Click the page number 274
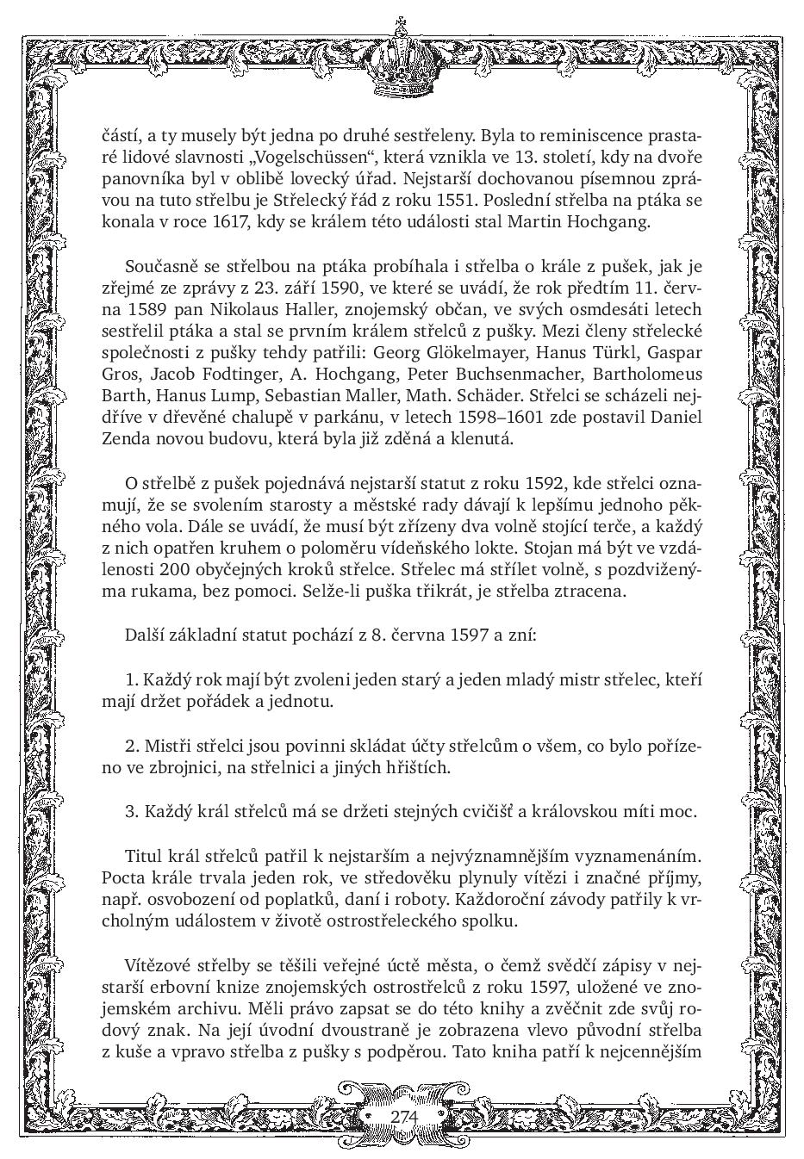(403, 1116)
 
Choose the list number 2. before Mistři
(133, 745)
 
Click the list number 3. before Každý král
(133, 811)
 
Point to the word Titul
(144, 856)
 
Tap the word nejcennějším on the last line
(651, 1052)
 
